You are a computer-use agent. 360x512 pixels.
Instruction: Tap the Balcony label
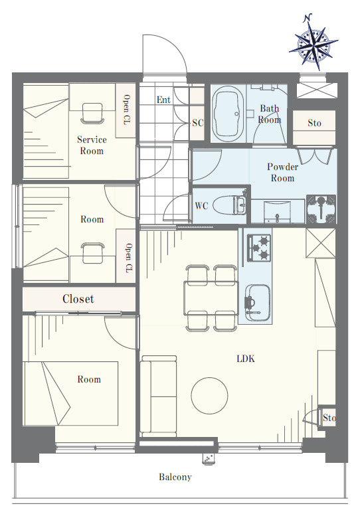pos(175,477)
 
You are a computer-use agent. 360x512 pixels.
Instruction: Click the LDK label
pos(246,359)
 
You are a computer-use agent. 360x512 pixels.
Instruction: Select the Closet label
pos(78,299)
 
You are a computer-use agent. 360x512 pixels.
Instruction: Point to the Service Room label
pos(92,145)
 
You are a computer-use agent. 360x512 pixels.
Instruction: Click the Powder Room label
pos(282,173)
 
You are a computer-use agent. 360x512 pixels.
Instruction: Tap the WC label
pos(201,206)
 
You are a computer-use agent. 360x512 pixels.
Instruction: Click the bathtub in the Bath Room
pos(228,114)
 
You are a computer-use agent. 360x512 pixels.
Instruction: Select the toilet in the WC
pos(230,205)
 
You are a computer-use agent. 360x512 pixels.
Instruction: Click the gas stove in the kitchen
pos(259,248)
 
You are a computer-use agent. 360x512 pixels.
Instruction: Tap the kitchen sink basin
pos(258,303)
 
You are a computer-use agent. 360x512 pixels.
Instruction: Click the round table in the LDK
pos(209,395)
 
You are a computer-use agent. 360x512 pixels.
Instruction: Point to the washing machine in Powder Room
pos(321,209)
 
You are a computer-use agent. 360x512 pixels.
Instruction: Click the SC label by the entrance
pos(198,123)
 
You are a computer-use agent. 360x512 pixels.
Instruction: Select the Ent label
pos(163,100)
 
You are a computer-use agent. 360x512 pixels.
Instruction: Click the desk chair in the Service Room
pos(92,114)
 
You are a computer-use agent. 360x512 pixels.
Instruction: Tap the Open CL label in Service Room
pos(126,110)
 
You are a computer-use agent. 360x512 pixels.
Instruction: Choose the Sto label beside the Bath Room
pos(314,123)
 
